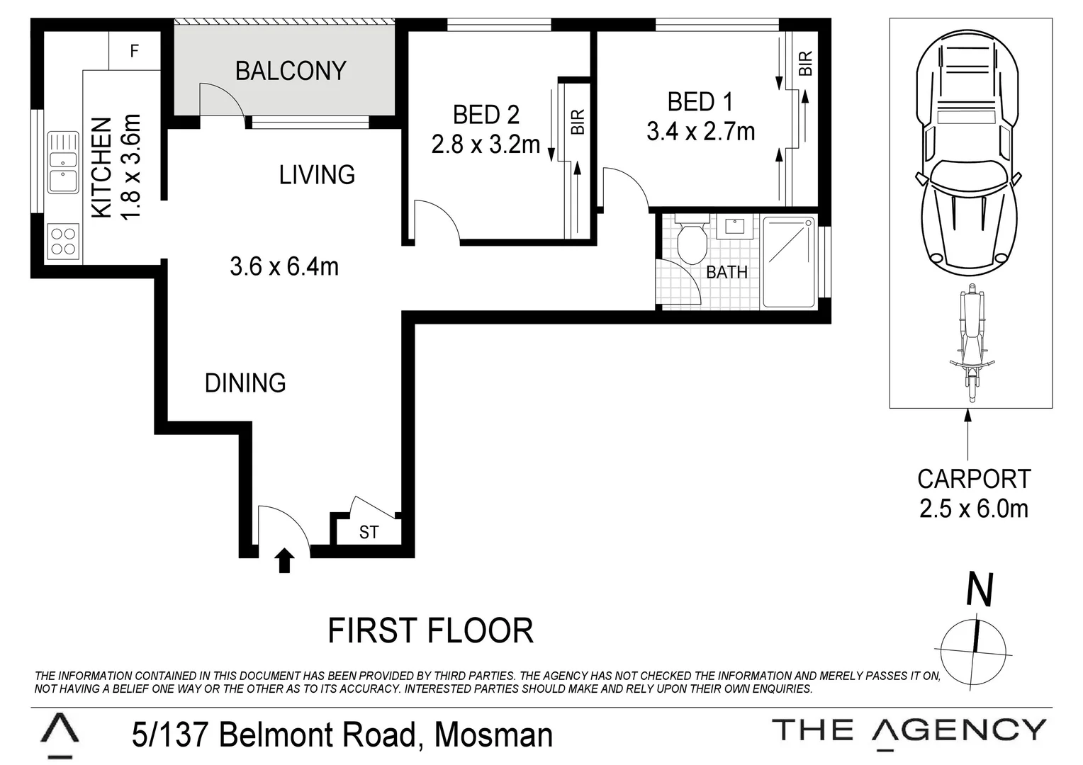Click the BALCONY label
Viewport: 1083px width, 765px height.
pyautogui.click(x=291, y=71)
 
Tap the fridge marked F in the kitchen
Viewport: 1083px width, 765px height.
pyautogui.click(x=134, y=51)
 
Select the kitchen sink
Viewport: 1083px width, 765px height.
pyautogui.click(x=63, y=162)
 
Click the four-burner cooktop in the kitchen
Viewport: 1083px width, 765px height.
pyautogui.click(x=63, y=239)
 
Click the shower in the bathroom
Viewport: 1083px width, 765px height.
pyautogui.click(x=789, y=261)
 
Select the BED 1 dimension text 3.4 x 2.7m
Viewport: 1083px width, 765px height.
pyautogui.click(x=700, y=132)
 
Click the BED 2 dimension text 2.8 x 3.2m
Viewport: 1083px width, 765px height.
pyautogui.click(x=486, y=144)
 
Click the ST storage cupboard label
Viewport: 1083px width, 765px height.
pyautogui.click(x=369, y=532)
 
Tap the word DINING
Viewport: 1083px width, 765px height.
pyautogui.click(x=245, y=383)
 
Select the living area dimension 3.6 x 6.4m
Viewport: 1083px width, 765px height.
pyautogui.click(x=284, y=266)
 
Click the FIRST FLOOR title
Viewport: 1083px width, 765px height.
pyautogui.click(x=430, y=630)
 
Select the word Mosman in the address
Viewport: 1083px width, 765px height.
pyautogui.click(x=493, y=735)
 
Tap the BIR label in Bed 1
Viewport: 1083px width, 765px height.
pyautogui.click(x=805, y=64)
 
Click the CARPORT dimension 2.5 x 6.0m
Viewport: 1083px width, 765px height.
pyautogui.click(x=973, y=509)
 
